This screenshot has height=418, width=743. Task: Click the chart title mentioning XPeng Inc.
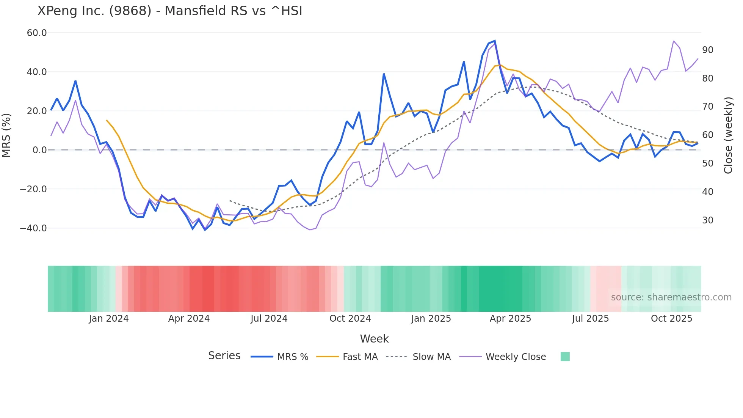pos(169,11)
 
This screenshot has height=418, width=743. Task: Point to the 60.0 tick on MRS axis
pos(37,33)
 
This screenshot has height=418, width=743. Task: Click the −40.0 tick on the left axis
pos(33,228)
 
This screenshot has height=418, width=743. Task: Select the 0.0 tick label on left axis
pos(39,150)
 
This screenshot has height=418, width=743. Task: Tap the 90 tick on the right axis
pos(707,50)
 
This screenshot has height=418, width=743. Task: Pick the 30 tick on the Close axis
pos(707,220)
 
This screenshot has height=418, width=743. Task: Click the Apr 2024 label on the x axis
pos(189,319)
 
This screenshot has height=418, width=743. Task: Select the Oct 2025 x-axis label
pos(671,319)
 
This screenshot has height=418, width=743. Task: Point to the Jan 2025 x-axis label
pos(431,319)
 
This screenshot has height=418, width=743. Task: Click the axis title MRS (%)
pos(6,135)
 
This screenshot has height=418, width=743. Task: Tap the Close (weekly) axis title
pos(728,135)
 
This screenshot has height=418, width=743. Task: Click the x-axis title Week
pos(374,339)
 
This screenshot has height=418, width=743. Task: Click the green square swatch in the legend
pos(565,357)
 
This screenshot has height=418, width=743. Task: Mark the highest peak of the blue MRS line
pos(495,41)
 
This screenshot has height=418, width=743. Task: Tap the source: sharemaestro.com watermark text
pos(671,297)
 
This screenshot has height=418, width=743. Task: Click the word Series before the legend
pos(224,356)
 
